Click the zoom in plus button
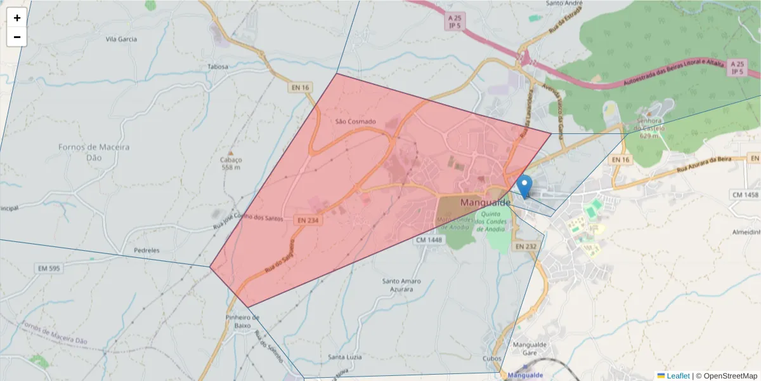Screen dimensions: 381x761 16,18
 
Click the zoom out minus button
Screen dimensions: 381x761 16,37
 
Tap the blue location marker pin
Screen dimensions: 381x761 524,186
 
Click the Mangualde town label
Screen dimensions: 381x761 485,203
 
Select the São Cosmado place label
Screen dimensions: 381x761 355,121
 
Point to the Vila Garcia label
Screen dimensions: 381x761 121,39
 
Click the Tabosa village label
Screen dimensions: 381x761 218,66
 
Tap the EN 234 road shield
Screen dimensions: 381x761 307,220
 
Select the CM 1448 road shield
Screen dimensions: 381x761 429,240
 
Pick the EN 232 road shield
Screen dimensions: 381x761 526,246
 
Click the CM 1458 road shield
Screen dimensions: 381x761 745,194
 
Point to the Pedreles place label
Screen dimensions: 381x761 146,250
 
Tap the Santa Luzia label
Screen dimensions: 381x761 345,357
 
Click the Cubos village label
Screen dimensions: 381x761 491,358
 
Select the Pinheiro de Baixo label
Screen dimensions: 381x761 242,321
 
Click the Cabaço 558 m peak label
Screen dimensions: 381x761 231,163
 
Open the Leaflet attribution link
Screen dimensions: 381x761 678,376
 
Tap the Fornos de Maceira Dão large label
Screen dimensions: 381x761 94,151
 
